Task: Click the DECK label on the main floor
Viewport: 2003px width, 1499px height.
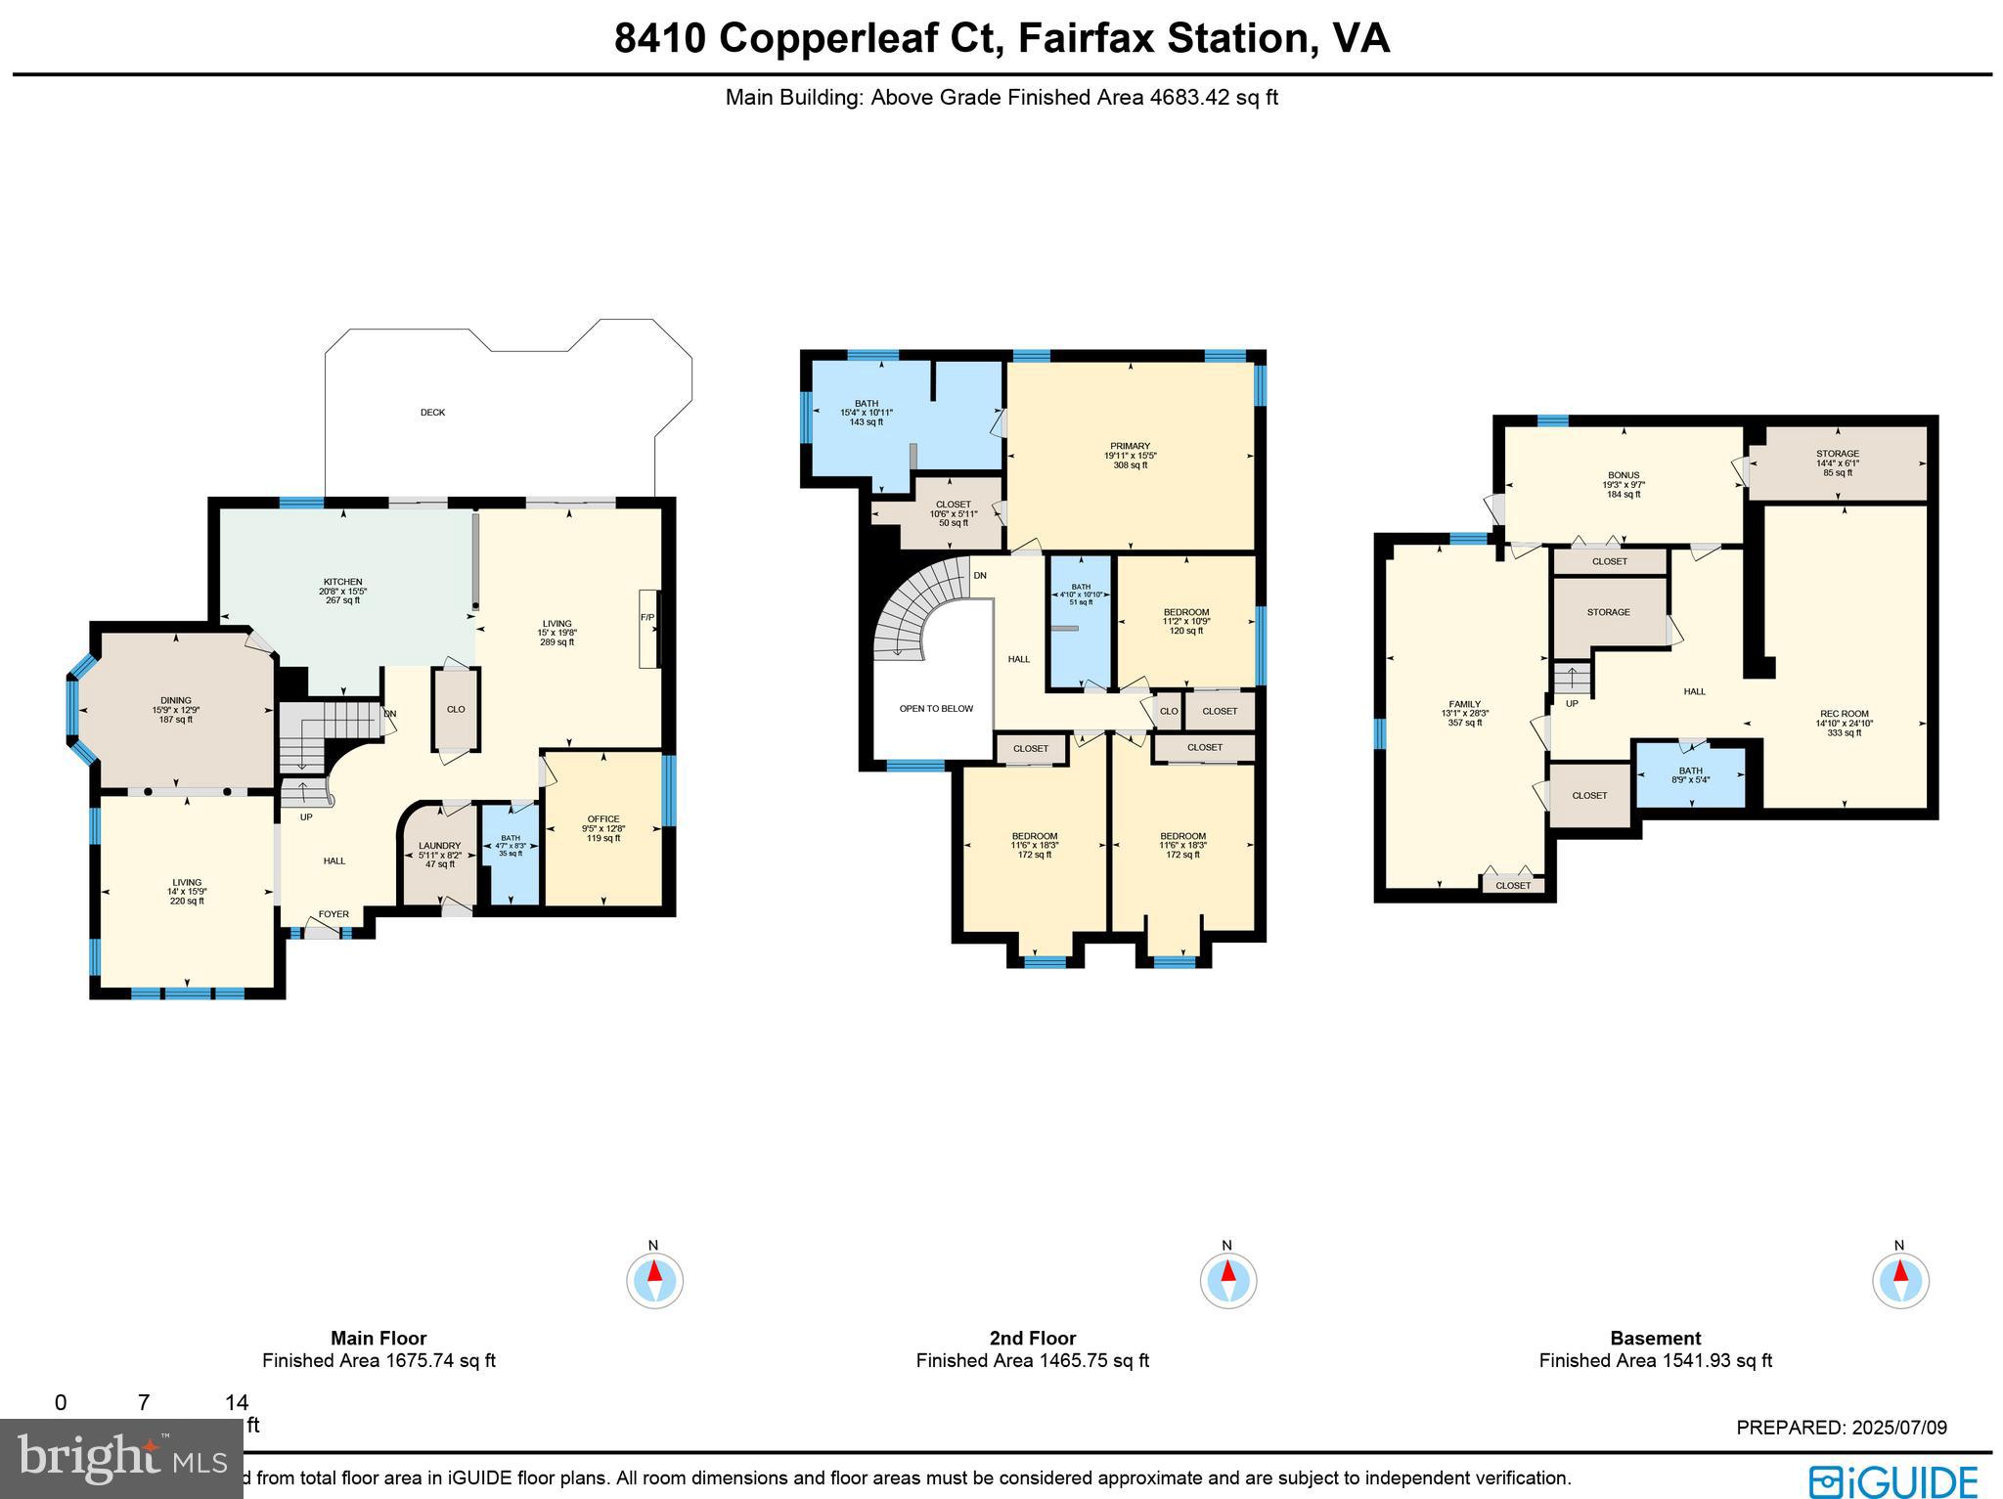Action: (x=432, y=413)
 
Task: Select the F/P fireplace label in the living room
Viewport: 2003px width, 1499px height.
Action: (x=646, y=617)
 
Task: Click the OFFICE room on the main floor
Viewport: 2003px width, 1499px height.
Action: (x=603, y=819)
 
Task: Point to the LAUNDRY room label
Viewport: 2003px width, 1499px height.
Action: (x=439, y=846)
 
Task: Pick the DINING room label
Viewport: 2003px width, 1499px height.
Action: (x=176, y=700)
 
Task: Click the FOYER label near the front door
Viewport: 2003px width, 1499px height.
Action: (x=334, y=914)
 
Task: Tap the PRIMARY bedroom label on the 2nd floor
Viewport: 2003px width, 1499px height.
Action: (x=1130, y=447)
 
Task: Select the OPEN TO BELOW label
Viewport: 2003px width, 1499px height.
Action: (x=936, y=708)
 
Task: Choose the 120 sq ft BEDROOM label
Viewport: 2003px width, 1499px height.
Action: (x=1185, y=612)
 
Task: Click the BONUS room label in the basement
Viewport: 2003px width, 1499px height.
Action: (x=1623, y=475)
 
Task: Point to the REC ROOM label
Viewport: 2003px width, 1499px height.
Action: (x=1844, y=714)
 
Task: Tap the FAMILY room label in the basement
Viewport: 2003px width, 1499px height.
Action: (x=1464, y=704)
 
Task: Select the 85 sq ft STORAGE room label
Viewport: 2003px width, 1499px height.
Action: (x=1837, y=454)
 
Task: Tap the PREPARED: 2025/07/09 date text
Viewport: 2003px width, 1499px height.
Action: (x=1841, y=1428)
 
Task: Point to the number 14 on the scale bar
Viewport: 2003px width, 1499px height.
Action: (x=236, y=1402)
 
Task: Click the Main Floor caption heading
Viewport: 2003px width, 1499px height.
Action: (x=378, y=1338)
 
